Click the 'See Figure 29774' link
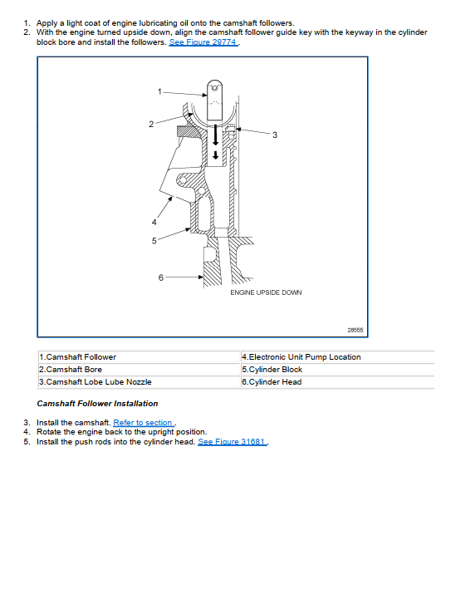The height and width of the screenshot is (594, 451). pyautogui.click(x=203, y=42)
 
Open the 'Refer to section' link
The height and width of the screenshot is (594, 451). pyautogui.click(x=144, y=422)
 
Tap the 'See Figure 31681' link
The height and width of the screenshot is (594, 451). pyautogui.click(x=233, y=442)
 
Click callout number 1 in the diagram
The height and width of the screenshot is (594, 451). pyautogui.click(x=159, y=91)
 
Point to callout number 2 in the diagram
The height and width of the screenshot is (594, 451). pyautogui.click(x=151, y=124)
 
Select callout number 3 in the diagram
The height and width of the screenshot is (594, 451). pyautogui.click(x=275, y=135)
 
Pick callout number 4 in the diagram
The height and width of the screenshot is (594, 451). pyautogui.click(x=154, y=222)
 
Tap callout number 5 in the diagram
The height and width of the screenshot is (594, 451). pyautogui.click(x=154, y=241)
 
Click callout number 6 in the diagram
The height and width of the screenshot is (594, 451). pyautogui.click(x=161, y=277)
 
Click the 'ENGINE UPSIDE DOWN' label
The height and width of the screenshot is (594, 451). pyautogui.click(x=266, y=292)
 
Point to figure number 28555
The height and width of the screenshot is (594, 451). pyautogui.click(x=355, y=330)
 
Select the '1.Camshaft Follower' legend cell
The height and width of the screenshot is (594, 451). pyautogui.click(x=77, y=357)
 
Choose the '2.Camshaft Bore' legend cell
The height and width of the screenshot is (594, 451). pyautogui.click(x=71, y=370)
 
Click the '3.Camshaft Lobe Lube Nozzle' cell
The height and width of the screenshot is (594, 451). pyautogui.click(x=95, y=382)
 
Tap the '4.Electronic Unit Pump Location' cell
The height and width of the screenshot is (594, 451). pyautogui.click(x=301, y=357)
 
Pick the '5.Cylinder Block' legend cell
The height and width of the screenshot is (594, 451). pyautogui.click(x=272, y=370)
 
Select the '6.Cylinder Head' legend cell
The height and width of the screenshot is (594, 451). pyautogui.click(x=272, y=382)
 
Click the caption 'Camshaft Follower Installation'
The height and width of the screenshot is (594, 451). pyautogui.click(x=97, y=404)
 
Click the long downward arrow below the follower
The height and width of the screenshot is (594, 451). pyautogui.click(x=215, y=135)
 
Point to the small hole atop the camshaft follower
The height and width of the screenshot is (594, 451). pyautogui.click(x=214, y=88)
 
